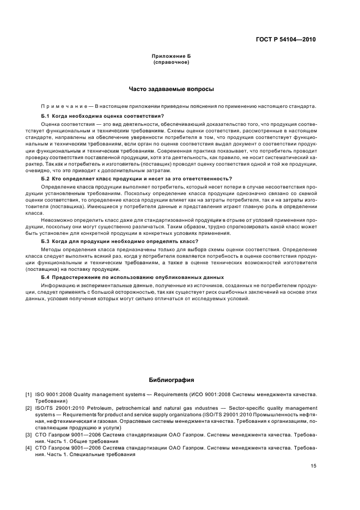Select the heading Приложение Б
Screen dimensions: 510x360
(x=172, y=57)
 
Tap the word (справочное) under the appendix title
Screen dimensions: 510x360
(x=172, y=63)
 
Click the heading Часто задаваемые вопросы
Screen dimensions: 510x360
(x=172, y=89)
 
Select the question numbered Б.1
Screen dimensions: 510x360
(x=102, y=116)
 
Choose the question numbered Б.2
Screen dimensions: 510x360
(x=136, y=178)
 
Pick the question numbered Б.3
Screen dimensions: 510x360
(x=120, y=241)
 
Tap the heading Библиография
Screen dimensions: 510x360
(x=172, y=380)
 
